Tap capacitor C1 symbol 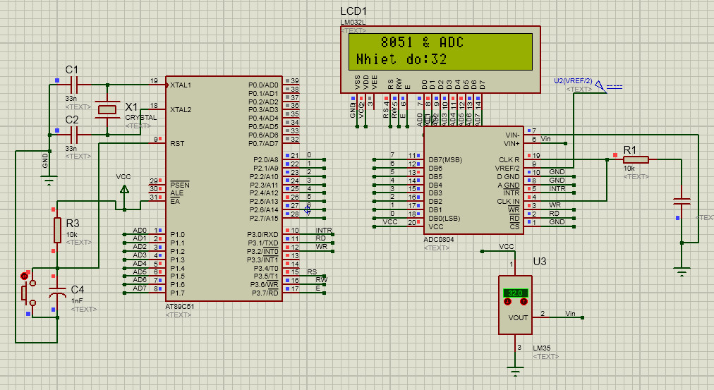click(x=73, y=84)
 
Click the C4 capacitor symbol click(x=56, y=293)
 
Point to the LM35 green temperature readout click(x=514, y=293)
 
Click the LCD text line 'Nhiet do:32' click(x=401, y=59)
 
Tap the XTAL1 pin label click(x=181, y=85)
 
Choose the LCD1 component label click(x=353, y=12)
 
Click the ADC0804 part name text click(x=440, y=240)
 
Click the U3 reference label click(x=540, y=262)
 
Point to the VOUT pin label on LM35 click(x=518, y=317)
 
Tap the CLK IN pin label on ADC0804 click(x=508, y=202)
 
